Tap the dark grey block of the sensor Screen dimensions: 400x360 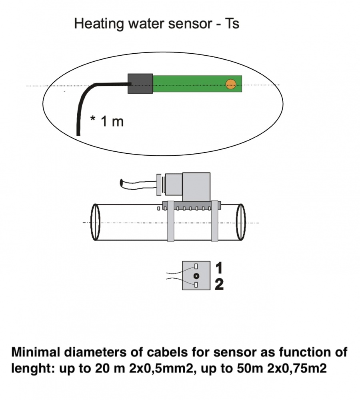click(x=140, y=84)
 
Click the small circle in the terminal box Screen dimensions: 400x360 click(x=196, y=276)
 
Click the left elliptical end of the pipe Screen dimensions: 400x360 click(x=95, y=222)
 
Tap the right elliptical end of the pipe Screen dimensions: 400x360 click(x=241, y=222)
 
